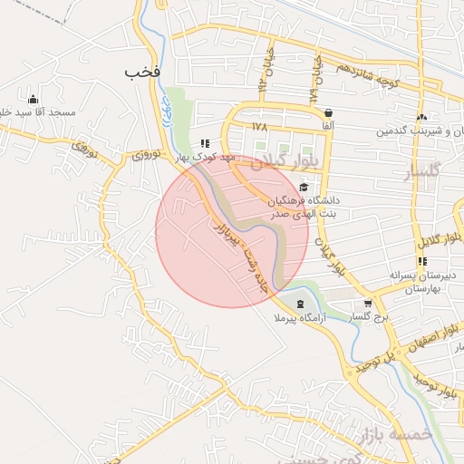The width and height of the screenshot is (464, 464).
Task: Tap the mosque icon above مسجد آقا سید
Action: (34, 99)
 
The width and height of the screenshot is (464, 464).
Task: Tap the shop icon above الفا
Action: (326, 113)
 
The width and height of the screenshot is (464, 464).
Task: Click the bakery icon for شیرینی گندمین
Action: (420, 117)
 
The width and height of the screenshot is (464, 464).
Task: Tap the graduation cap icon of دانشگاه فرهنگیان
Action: (303, 186)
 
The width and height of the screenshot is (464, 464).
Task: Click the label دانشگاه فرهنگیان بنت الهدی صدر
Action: (304, 207)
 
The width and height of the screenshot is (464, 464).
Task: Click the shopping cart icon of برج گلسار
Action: (367, 304)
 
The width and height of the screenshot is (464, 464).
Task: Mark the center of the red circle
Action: (232, 231)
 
